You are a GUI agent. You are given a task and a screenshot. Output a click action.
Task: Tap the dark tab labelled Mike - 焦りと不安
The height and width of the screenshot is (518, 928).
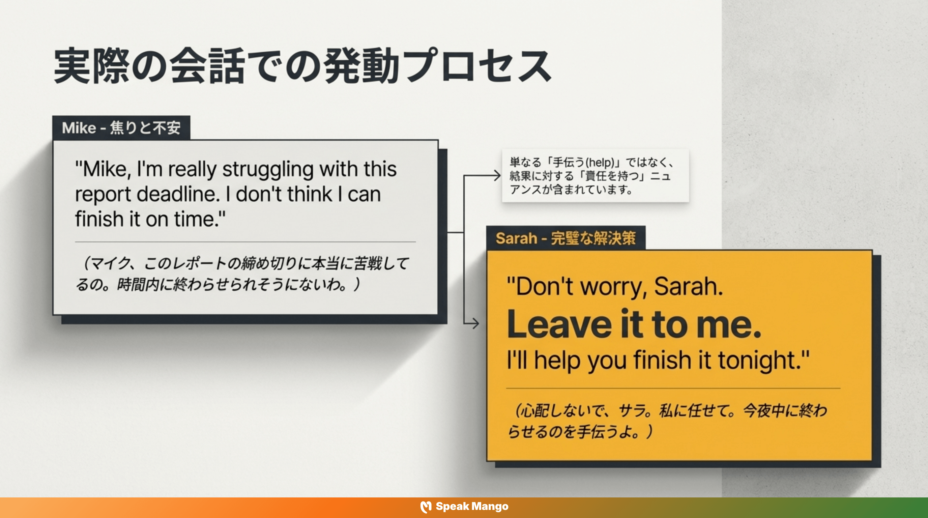[x=121, y=128]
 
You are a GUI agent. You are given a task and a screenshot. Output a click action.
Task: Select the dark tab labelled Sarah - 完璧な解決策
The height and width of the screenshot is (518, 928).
[x=565, y=238]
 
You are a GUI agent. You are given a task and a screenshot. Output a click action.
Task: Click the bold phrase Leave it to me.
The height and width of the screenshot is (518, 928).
[x=634, y=324]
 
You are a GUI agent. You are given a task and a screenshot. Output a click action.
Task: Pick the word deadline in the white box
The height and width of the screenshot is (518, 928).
[x=178, y=195]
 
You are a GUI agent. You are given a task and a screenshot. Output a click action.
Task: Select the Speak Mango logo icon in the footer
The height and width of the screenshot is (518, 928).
[x=426, y=507]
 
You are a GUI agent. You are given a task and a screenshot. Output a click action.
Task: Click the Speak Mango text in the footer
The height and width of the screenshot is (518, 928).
[x=472, y=507]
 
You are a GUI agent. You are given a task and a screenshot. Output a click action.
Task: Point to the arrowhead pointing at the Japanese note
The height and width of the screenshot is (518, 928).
[x=497, y=176]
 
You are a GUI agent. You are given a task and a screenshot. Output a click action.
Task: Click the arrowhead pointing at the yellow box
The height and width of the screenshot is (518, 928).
[x=475, y=323]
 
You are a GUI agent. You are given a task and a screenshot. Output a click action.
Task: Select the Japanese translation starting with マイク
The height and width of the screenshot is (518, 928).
[x=242, y=274]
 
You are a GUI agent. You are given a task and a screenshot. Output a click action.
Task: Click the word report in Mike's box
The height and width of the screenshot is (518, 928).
[x=103, y=195]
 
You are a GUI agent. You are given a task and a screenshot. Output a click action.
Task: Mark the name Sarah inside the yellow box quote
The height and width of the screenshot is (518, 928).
[x=688, y=287]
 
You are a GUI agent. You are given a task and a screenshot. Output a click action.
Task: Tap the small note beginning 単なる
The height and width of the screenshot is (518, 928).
[x=595, y=176]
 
